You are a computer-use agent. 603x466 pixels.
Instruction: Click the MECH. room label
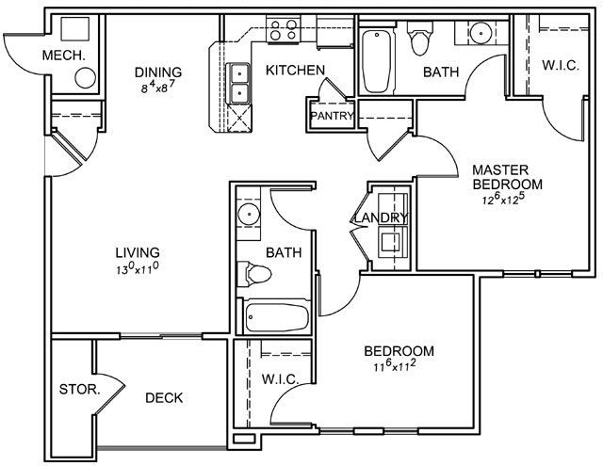pos(63,56)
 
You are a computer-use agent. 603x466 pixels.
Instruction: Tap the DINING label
pos(158,72)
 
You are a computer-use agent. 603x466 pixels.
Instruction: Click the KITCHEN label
pos(295,71)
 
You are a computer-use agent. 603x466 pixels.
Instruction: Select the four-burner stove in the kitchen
pos(284,30)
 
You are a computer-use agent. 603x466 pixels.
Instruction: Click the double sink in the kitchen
pos(239,83)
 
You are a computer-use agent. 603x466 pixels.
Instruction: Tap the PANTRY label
pos(332,116)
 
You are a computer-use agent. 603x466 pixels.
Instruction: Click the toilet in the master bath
pos(420,38)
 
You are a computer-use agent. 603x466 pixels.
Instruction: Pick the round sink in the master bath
pos(481,33)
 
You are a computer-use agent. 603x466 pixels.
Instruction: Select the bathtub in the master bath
pos(377,61)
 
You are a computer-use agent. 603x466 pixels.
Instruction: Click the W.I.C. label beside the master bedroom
pos(561,65)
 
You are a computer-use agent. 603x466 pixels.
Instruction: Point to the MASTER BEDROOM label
pos(507,177)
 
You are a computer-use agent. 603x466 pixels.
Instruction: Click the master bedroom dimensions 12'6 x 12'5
pos(504,200)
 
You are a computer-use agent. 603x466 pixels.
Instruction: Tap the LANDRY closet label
pos(381,217)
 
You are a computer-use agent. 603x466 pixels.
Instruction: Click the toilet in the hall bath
pos(253,274)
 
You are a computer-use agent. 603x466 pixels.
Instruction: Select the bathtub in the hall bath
pos(277,317)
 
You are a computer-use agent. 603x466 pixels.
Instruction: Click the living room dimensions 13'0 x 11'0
pos(138,268)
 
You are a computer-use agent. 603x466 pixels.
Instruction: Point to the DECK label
pos(164,398)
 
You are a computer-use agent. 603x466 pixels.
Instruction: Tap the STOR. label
pos(80,390)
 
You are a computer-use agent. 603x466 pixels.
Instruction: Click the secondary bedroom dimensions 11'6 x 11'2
pos(395,365)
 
